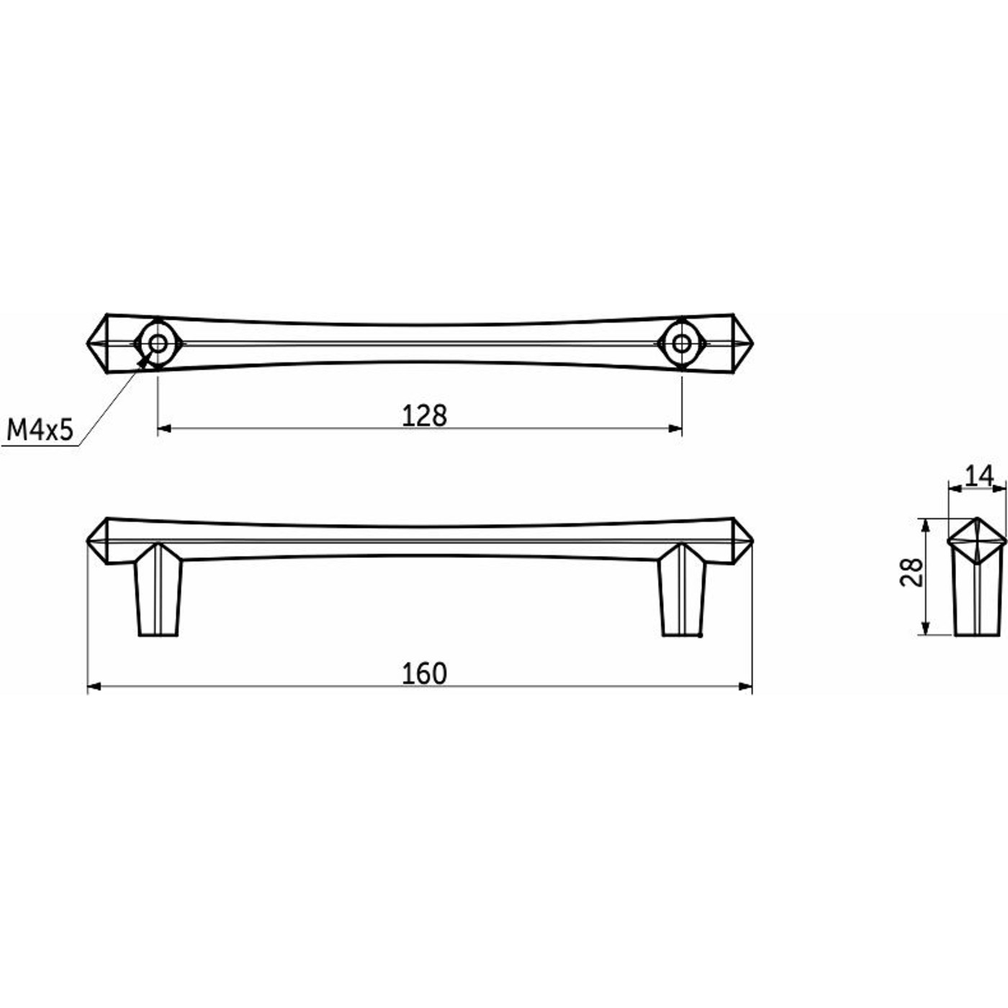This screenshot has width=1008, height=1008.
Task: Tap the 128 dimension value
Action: [424, 416]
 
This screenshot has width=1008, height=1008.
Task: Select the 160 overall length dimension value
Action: [424, 673]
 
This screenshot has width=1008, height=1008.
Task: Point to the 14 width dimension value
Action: [978, 475]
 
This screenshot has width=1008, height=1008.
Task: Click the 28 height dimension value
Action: [913, 572]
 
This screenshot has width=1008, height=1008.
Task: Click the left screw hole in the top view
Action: [158, 343]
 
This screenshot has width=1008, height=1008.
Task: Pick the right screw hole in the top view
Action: [680, 343]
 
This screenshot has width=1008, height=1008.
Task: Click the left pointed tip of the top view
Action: [87, 343]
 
